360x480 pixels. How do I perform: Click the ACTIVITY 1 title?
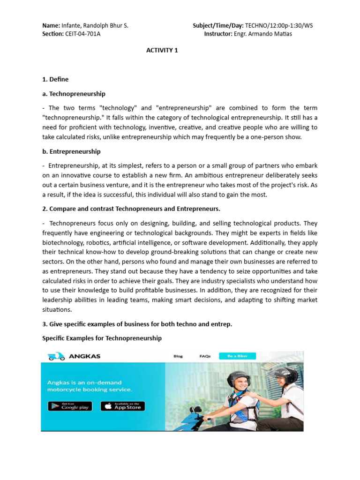[x=162, y=50]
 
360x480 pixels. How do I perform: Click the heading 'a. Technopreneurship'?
[x=74, y=94]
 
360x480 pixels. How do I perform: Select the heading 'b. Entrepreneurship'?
[x=71, y=151]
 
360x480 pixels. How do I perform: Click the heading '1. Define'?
[x=55, y=79]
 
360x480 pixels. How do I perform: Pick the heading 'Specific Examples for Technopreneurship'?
[x=102, y=338]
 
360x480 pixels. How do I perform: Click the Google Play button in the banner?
[x=70, y=406]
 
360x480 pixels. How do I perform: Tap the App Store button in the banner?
[x=123, y=406]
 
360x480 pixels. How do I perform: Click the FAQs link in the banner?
[x=205, y=356]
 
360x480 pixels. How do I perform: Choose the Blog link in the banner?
[x=178, y=356]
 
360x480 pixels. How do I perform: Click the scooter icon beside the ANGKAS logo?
[x=56, y=356]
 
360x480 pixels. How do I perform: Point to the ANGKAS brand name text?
[x=85, y=356]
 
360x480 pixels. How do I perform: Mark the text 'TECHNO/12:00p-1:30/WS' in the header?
[x=279, y=26]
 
